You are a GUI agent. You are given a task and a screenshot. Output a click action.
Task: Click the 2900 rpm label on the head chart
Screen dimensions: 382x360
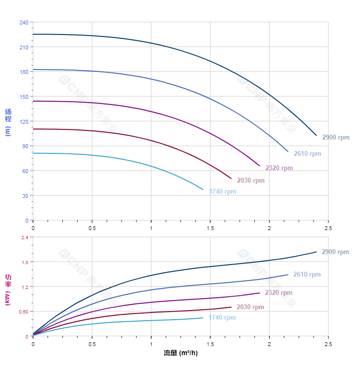tap(336, 138)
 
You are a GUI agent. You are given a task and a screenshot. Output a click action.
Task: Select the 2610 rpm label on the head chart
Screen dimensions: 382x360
tap(307, 154)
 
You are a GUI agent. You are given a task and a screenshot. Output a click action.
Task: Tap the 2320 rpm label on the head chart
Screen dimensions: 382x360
tap(279, 168)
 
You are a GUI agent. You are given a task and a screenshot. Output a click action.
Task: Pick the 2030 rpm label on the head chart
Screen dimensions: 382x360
tap(250, 181)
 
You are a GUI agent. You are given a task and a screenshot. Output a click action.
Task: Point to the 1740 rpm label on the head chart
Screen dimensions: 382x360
tap(223, 192)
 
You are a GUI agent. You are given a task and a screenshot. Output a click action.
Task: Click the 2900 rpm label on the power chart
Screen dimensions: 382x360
tap(335, 252)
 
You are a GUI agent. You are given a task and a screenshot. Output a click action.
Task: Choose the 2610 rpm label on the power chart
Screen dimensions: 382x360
tap(307, 275)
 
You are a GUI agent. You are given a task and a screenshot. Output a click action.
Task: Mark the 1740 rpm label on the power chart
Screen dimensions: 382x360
tap(222, 317)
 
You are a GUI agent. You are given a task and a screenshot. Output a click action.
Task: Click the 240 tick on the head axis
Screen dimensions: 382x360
tap(24, 23)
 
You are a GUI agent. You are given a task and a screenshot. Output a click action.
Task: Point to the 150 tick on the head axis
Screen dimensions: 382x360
tap(24, 96)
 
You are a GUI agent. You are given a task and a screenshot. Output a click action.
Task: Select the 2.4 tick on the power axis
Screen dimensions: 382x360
tap(25, 237)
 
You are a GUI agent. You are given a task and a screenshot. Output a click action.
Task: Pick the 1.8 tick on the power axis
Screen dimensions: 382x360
tap(25, 262)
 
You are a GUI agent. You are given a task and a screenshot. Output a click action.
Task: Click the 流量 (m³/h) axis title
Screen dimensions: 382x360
tap(180, 353)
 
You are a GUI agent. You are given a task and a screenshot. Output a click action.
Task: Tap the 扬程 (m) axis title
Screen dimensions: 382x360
tap(8, 122)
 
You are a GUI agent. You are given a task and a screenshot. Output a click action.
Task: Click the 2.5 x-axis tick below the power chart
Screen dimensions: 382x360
tap(328, 345)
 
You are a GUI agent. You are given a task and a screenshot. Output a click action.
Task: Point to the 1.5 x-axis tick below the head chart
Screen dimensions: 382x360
tap(210, 229)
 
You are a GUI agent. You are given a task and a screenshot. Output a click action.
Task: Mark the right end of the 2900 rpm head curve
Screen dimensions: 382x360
tap(316, 135)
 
